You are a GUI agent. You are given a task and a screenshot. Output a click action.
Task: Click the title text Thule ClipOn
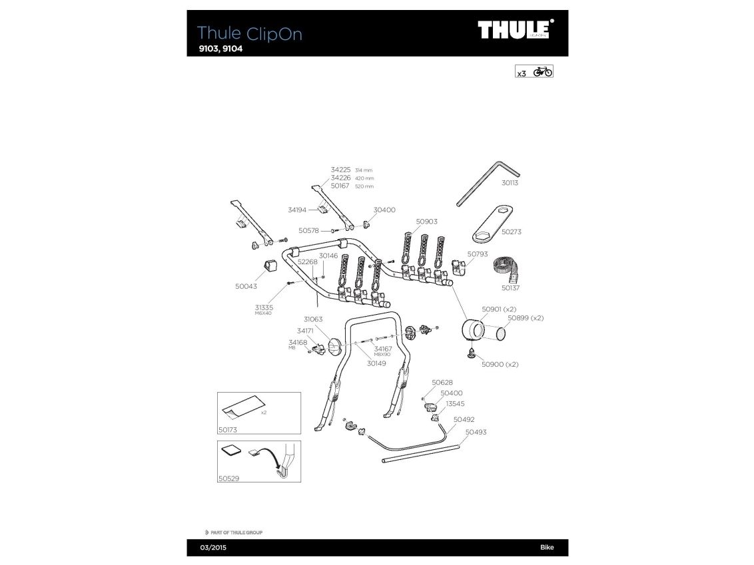coord(250,33)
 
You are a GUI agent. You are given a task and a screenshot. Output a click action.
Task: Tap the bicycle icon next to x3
coord(543,72)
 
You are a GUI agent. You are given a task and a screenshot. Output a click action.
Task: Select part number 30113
coord(510,182)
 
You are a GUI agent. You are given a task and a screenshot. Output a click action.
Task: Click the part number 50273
coord(511,232)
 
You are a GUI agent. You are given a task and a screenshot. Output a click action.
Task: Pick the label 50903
coord(426,222)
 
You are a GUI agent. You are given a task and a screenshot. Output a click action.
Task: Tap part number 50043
coord(246,286)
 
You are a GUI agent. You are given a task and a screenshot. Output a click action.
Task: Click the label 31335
coord(264,307)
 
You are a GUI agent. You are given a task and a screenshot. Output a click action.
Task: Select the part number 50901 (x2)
coord(500,309)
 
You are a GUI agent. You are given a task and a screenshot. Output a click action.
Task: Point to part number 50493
coord(476,432)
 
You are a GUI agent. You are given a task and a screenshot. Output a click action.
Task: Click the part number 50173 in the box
coord(228,430)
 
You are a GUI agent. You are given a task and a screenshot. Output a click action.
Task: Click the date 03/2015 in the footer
coord(202,548)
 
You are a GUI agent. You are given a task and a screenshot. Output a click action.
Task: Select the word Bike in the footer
coord(546,548)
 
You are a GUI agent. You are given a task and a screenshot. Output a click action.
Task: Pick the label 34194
coord(297,210)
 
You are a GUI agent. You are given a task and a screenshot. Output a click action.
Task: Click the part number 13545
coord(456,404)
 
